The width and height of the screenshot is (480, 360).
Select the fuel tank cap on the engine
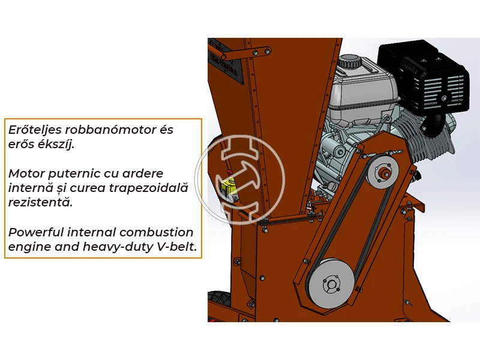pyautogui.click(x=348, y=61)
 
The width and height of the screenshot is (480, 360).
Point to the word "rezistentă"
pyautogui.click(x=40, y=202)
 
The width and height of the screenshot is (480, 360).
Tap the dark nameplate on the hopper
pyautogui.click(x=229, y=72)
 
